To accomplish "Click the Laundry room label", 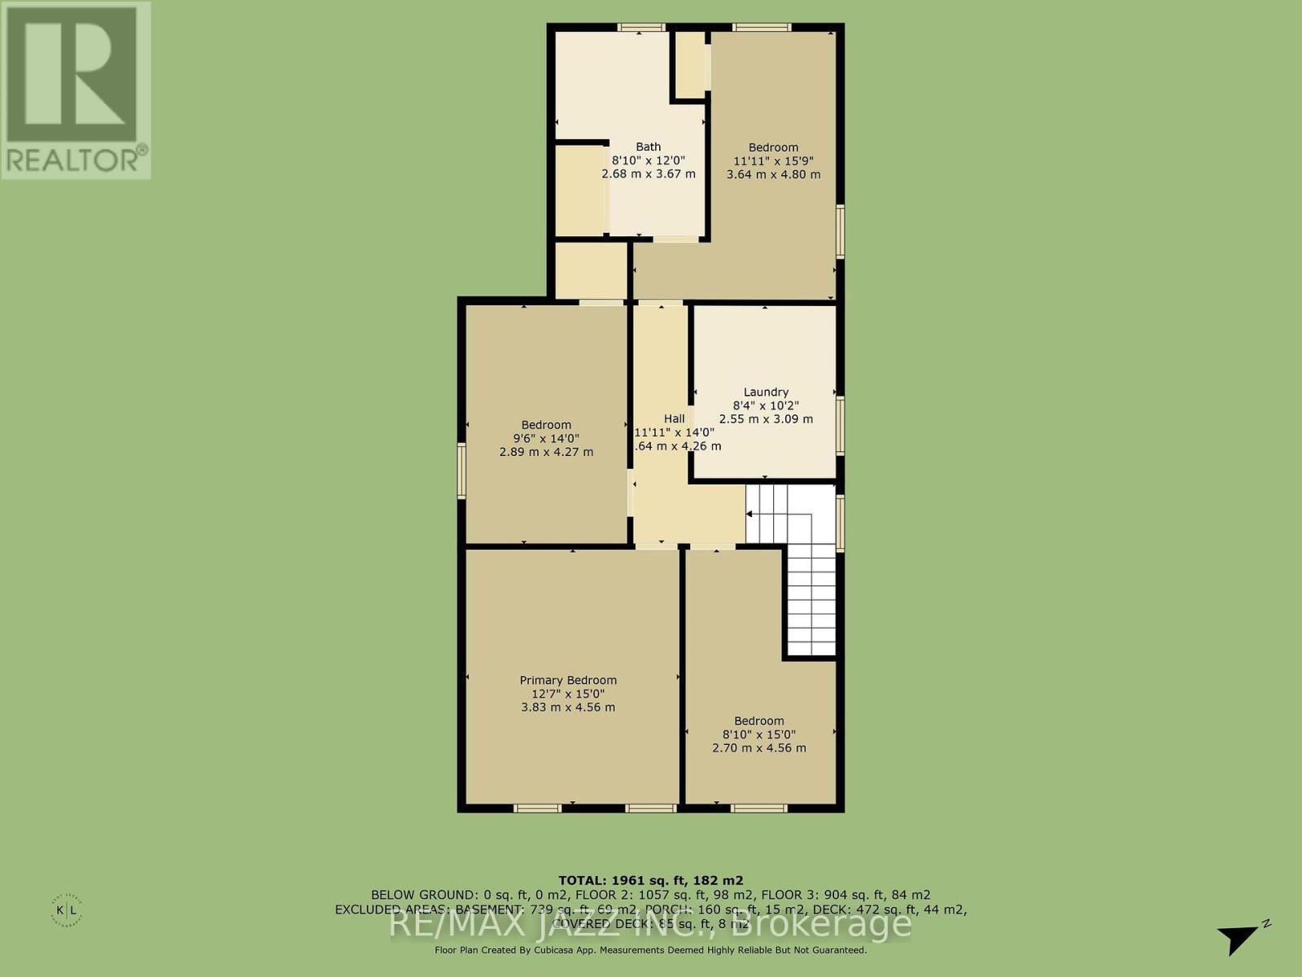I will [x=766, y=392].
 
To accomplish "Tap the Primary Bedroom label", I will [x=568, y=680].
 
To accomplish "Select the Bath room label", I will [x=649, y=147].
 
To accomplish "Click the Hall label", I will [x=674, y=418].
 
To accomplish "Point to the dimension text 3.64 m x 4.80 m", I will [x=773, y=174].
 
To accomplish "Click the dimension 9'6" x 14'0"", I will [x=546, y=438].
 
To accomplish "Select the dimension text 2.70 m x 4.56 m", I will [x=759, y=747].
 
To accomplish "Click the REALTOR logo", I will [x=76, y=90].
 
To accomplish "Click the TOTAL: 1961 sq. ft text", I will [x=650, y=880].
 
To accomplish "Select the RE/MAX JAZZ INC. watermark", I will [x=651, y=924].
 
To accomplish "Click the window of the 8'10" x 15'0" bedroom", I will [x=758, y=808].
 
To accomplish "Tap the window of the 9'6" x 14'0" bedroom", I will [x=461, y=471].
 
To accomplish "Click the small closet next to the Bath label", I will [x=580, y=190].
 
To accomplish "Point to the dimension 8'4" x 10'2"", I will [x=766, y=405].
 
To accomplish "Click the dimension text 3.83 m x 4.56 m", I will [x=568, y=708].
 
